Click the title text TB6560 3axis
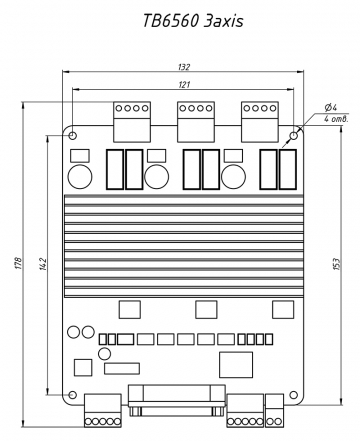pyautogui.click(x=193, y=21)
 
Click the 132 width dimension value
pyautogui.click(x=184, y=67)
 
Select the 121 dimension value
pyautogui.click(x=184, y=85)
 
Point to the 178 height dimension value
pyautogui.click(x=19, y=263)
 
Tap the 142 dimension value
pyautogui.click(x=43, y=263)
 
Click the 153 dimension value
pyautogui.click(x=337, y=264)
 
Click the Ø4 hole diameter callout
pyautogui.click(x=331, y=107)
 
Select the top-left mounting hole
pyautogui.click(x=73, y=136)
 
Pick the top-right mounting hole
pyautogui.click(x=294, y=136)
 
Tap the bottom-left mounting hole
pyautogui.click(x=72, y=395)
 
